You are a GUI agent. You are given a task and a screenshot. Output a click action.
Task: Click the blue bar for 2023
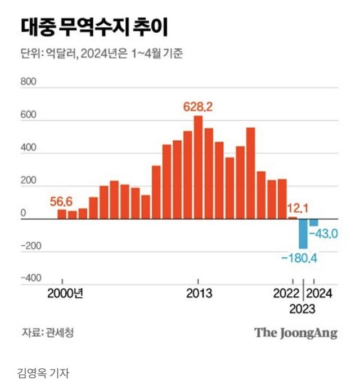[303, 233]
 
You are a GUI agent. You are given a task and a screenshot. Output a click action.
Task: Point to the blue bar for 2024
[313, 222]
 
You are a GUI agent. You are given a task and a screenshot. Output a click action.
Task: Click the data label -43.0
[323, 233]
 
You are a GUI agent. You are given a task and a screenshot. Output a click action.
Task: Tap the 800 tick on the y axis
[29, 82]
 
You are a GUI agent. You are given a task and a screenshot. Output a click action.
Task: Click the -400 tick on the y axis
[31, 278]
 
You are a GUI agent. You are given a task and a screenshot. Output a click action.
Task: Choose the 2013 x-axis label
[199, 293]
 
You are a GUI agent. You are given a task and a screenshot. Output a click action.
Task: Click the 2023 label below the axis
[303, 309]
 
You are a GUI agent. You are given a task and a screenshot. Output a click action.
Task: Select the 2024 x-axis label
[319, 293]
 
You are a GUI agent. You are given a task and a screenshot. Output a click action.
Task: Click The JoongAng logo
[296, 332]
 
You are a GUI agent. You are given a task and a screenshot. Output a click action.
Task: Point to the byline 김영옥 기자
[43, 372]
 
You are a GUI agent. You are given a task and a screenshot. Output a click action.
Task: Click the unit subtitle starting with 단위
[102, 54]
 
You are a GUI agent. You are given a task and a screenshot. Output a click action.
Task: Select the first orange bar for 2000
[62, 214]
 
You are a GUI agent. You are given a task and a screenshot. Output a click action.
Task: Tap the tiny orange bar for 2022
[292, 217]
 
